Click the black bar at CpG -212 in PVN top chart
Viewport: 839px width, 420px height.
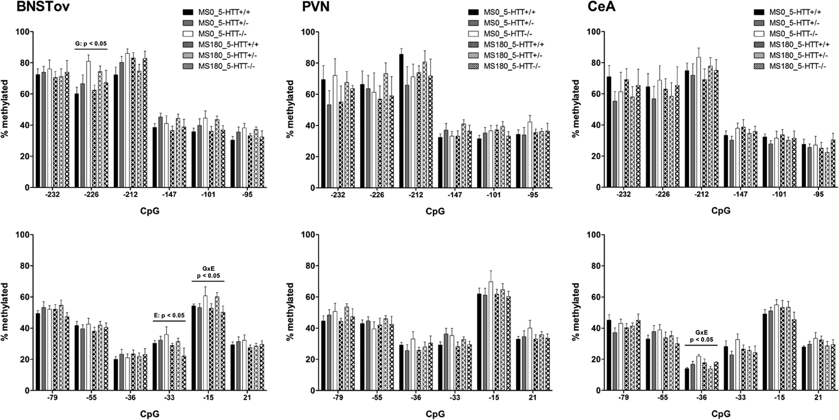[x=400, y=120]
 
